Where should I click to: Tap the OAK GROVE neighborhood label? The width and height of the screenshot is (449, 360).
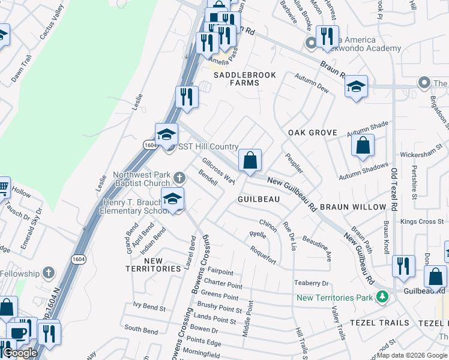pyautogui.click(x=312, y=132)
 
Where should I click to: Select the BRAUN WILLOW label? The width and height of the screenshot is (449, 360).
pyautogui.click(x=352, y=207)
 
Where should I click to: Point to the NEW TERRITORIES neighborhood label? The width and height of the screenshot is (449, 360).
pyautogui.click(x=154, y=265)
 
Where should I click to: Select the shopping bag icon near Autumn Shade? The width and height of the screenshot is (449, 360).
pyautogui.click(x=363, y=146)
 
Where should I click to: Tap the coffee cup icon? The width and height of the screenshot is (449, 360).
pyautogui.click(x=19, y=332)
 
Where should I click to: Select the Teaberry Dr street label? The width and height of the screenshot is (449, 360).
pyautogui.click(x=312, y=283)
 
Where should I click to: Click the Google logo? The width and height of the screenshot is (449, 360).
pyautogui.click(x=20, y=353)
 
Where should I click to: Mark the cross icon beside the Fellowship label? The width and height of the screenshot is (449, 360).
pyautogui.click(x=48, y=274)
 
